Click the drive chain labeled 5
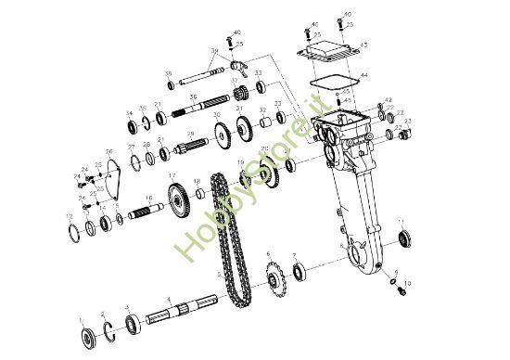coord(230,237)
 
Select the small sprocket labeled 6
coord(275,276)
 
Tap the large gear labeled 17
coord(178,199)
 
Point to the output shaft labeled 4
coord(185,308)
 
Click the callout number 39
coord(213,50)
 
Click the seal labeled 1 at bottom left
coord(83,336)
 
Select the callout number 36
coord(193,96)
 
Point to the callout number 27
coord(132,148)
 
